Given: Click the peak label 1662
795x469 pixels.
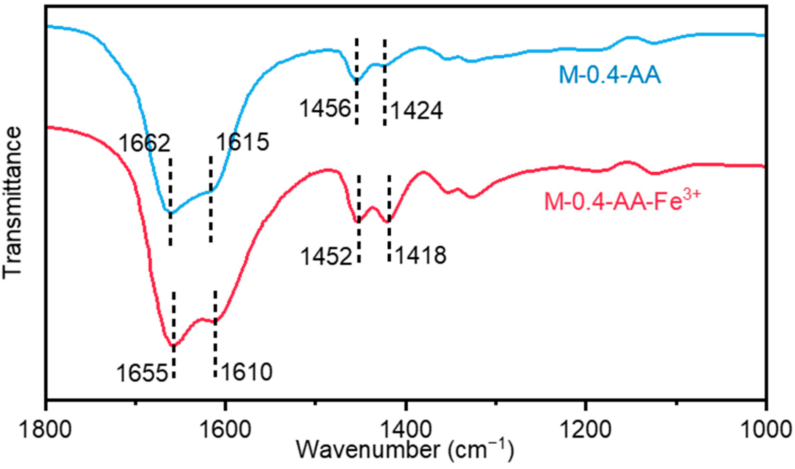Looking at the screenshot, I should click(144, 143).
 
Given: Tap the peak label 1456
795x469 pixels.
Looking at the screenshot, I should click(325, 109).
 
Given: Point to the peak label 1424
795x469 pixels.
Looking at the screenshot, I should click(417, 111).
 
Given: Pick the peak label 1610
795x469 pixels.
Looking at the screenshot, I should click(247, 372).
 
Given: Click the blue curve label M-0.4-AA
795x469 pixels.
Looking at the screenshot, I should click(610, 75).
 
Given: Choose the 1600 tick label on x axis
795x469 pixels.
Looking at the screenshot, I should click(225, 429).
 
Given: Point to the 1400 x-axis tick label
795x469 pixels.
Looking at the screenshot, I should click(405, 429).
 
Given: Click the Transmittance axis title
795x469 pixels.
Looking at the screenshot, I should click(12, 203).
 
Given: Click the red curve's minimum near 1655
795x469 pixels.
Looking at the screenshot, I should click(173, 346).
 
